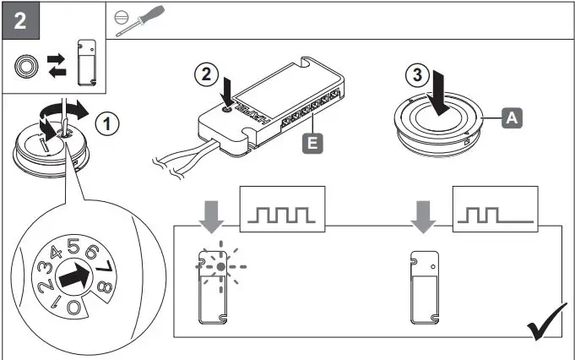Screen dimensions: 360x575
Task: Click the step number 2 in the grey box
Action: pos(19,19)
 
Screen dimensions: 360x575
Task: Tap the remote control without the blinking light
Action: pos(424,287)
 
